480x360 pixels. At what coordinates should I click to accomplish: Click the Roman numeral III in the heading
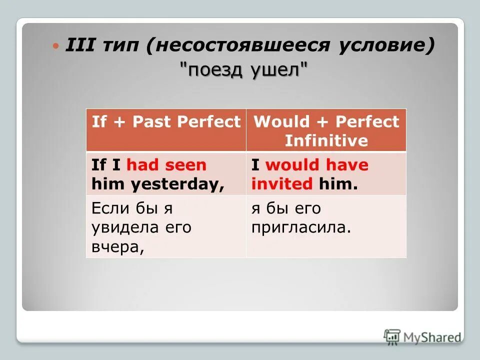[x=79, y=46]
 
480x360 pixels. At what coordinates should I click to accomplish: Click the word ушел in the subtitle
[x=276, y=70]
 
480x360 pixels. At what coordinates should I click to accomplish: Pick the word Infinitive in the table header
[x=326, y=140]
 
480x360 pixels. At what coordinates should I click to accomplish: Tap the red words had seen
[x=166, y=165]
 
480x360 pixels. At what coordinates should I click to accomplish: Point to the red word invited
[x=281, y=184]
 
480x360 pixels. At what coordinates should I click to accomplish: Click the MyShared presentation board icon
[x=392, y=337]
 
